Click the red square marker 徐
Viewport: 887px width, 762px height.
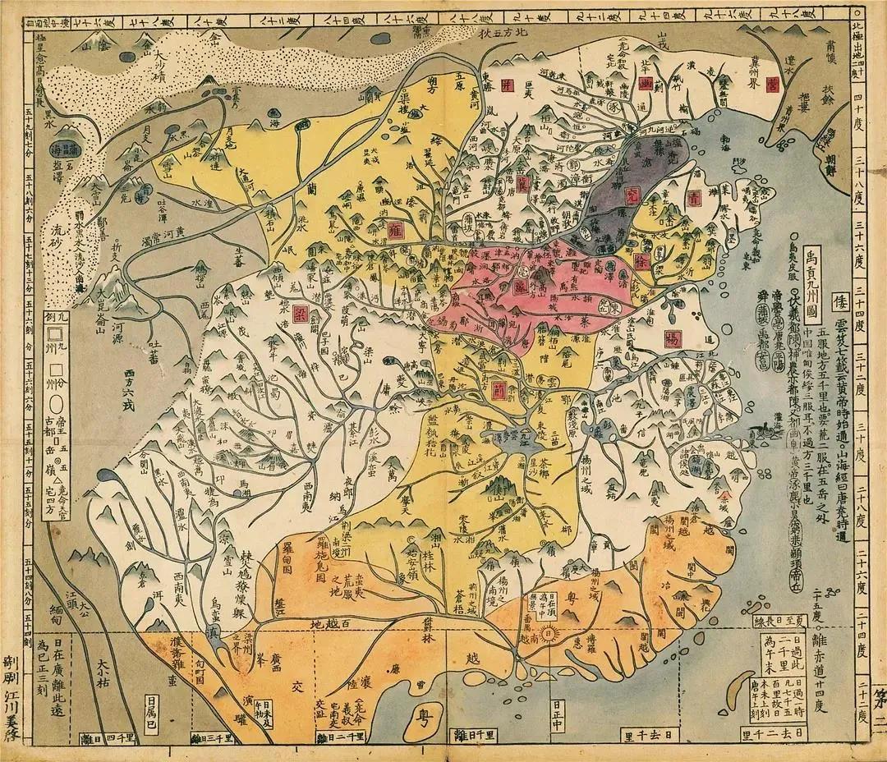click(x=642, y=262)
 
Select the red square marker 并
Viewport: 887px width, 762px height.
click(x=508, y=86)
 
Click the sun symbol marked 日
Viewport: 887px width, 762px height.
click(x=551, y=632)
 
